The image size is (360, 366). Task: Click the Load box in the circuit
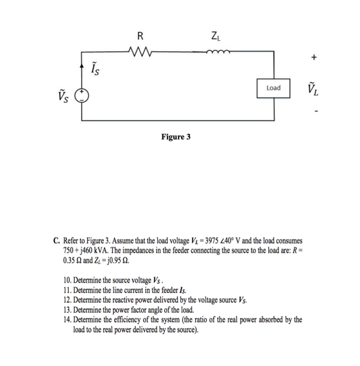(273, 87)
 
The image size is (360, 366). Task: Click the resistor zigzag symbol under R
(139, 51)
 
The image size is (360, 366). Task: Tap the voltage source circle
(83, 97)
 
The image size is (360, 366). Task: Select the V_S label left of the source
(65, 97)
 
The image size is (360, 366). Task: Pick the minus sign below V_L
(314, 113)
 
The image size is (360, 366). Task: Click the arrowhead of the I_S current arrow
(83, 64)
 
